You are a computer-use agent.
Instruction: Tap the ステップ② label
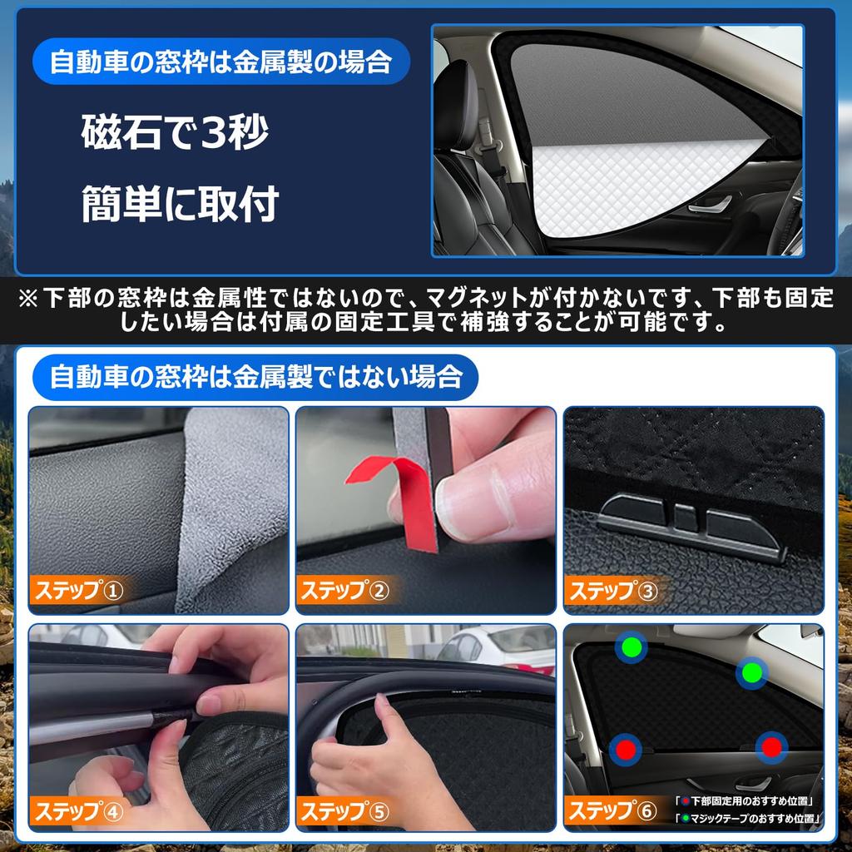[345, 591]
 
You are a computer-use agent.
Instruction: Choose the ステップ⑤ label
[345, 811]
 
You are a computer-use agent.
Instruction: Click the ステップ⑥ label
[612, 811]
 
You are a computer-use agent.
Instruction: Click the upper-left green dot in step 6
[632, 646]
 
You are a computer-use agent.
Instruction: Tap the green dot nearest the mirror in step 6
[752, 672]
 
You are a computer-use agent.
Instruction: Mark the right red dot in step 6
[771, 748]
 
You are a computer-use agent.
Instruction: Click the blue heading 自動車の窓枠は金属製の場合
[220, 62]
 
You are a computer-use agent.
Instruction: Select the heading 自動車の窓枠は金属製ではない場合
[255, 377]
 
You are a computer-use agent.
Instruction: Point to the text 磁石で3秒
[175, 132]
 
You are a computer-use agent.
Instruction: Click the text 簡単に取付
[180, 203]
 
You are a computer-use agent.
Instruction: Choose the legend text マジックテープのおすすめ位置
[748, 818]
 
